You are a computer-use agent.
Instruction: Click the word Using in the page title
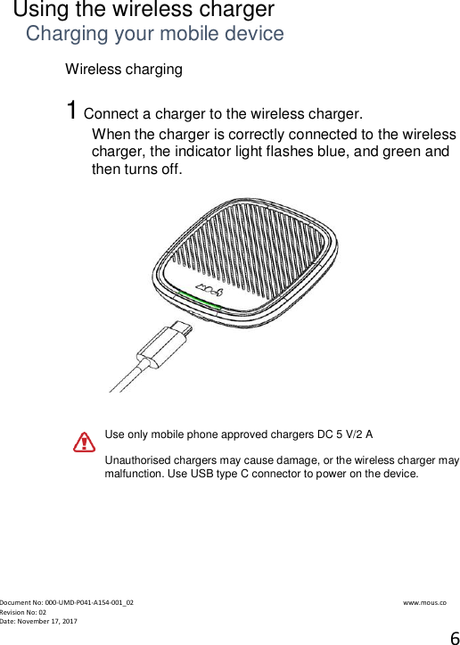[41, 11]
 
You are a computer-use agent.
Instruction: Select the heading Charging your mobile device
[154, 35]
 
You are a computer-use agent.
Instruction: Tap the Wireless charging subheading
[124, 70]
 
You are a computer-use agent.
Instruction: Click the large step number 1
[71, 112]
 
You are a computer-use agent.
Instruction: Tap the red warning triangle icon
[84, 442]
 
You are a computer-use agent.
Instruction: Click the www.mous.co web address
[424, 602]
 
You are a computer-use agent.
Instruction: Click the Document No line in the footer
[67, 602]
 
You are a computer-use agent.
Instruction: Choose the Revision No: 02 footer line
[23, 612]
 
